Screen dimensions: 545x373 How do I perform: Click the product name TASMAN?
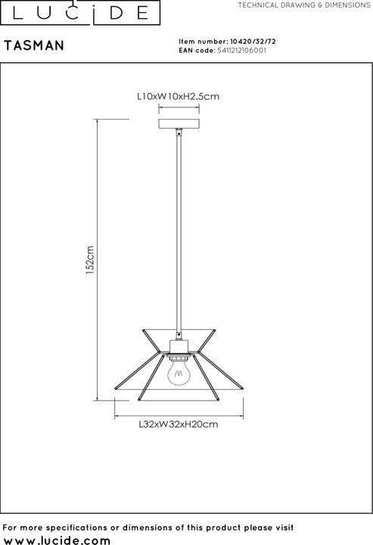(x=34, y=46)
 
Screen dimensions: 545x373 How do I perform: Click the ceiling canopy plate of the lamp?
(x=179, y=123)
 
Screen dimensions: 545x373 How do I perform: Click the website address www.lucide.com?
(x=58, y=538)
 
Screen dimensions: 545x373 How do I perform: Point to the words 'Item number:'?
(x=202, y=42)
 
